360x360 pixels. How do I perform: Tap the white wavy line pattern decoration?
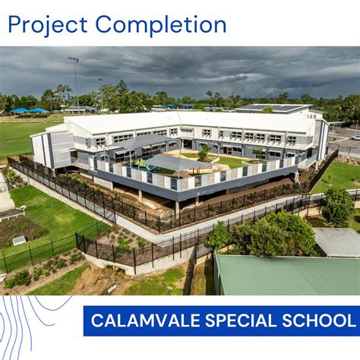[34, 327]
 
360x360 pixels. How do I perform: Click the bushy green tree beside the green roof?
[262, 232]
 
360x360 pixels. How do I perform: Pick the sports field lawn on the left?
[19, 137]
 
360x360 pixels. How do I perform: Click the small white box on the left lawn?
[18, 241]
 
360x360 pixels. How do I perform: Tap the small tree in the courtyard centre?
[204, 153]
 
